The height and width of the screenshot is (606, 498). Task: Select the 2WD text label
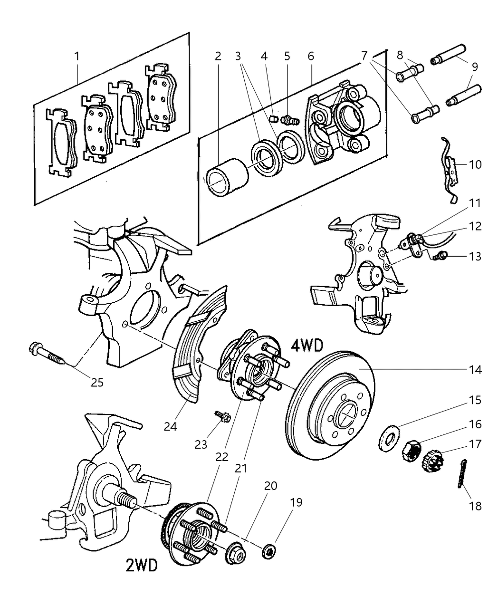[x=141, y=565]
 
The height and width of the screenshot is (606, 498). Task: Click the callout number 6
[x=311, y=56]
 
